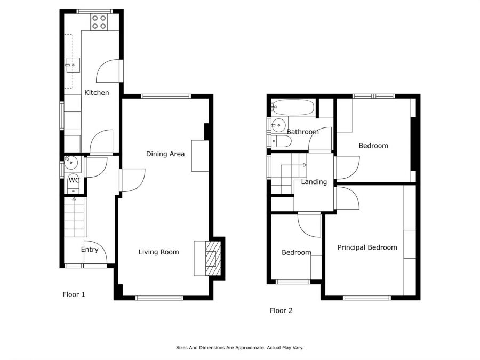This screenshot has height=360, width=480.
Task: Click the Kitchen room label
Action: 97,92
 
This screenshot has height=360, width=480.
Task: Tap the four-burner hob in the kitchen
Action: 99,22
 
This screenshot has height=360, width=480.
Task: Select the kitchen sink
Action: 73,65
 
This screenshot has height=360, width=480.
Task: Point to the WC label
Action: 74,180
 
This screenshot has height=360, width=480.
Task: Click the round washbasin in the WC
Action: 71,162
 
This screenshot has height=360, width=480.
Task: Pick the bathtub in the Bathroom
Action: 293,107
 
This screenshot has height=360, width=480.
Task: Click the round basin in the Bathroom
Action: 278,125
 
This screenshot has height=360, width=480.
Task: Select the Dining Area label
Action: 165,154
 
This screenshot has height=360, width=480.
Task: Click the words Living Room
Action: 158,252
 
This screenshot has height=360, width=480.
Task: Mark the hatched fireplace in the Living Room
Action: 213,258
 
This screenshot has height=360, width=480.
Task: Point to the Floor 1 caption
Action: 74,294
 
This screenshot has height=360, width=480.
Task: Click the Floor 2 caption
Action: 281,310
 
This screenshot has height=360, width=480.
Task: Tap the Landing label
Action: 314,182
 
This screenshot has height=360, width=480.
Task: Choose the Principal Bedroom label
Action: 367,247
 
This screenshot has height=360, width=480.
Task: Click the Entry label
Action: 90,250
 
